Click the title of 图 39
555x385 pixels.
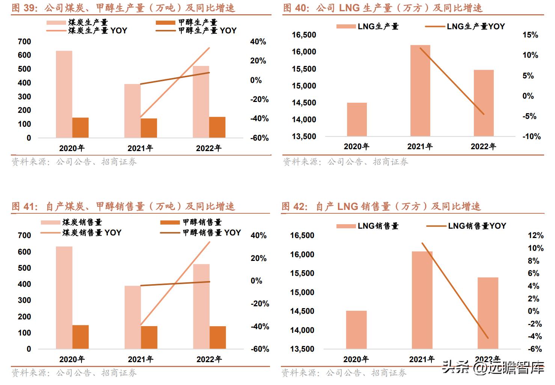(x=123, y=7)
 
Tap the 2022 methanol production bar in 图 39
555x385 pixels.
(x=217, y=127)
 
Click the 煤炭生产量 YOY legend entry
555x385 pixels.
(x=87, y=31)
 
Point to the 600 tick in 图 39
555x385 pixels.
(x=24, y=55)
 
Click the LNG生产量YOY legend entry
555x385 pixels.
(x=465, y=26)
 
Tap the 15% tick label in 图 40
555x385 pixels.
(x=530, y=35)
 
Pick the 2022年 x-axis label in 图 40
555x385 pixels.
(x=483, y=147)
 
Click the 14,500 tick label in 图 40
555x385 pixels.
(x=304, y=103)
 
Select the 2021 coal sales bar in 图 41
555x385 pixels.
(x=133, y=317)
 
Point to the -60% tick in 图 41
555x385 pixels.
(x=260, y=349)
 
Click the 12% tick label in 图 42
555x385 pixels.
(x=535, y=235)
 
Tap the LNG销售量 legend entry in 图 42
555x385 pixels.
(x=368, y=226)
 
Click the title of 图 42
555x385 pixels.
(x=381, y=206)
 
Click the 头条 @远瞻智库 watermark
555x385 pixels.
(x=493, y=367)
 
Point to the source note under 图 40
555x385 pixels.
(x=345, y=162)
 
